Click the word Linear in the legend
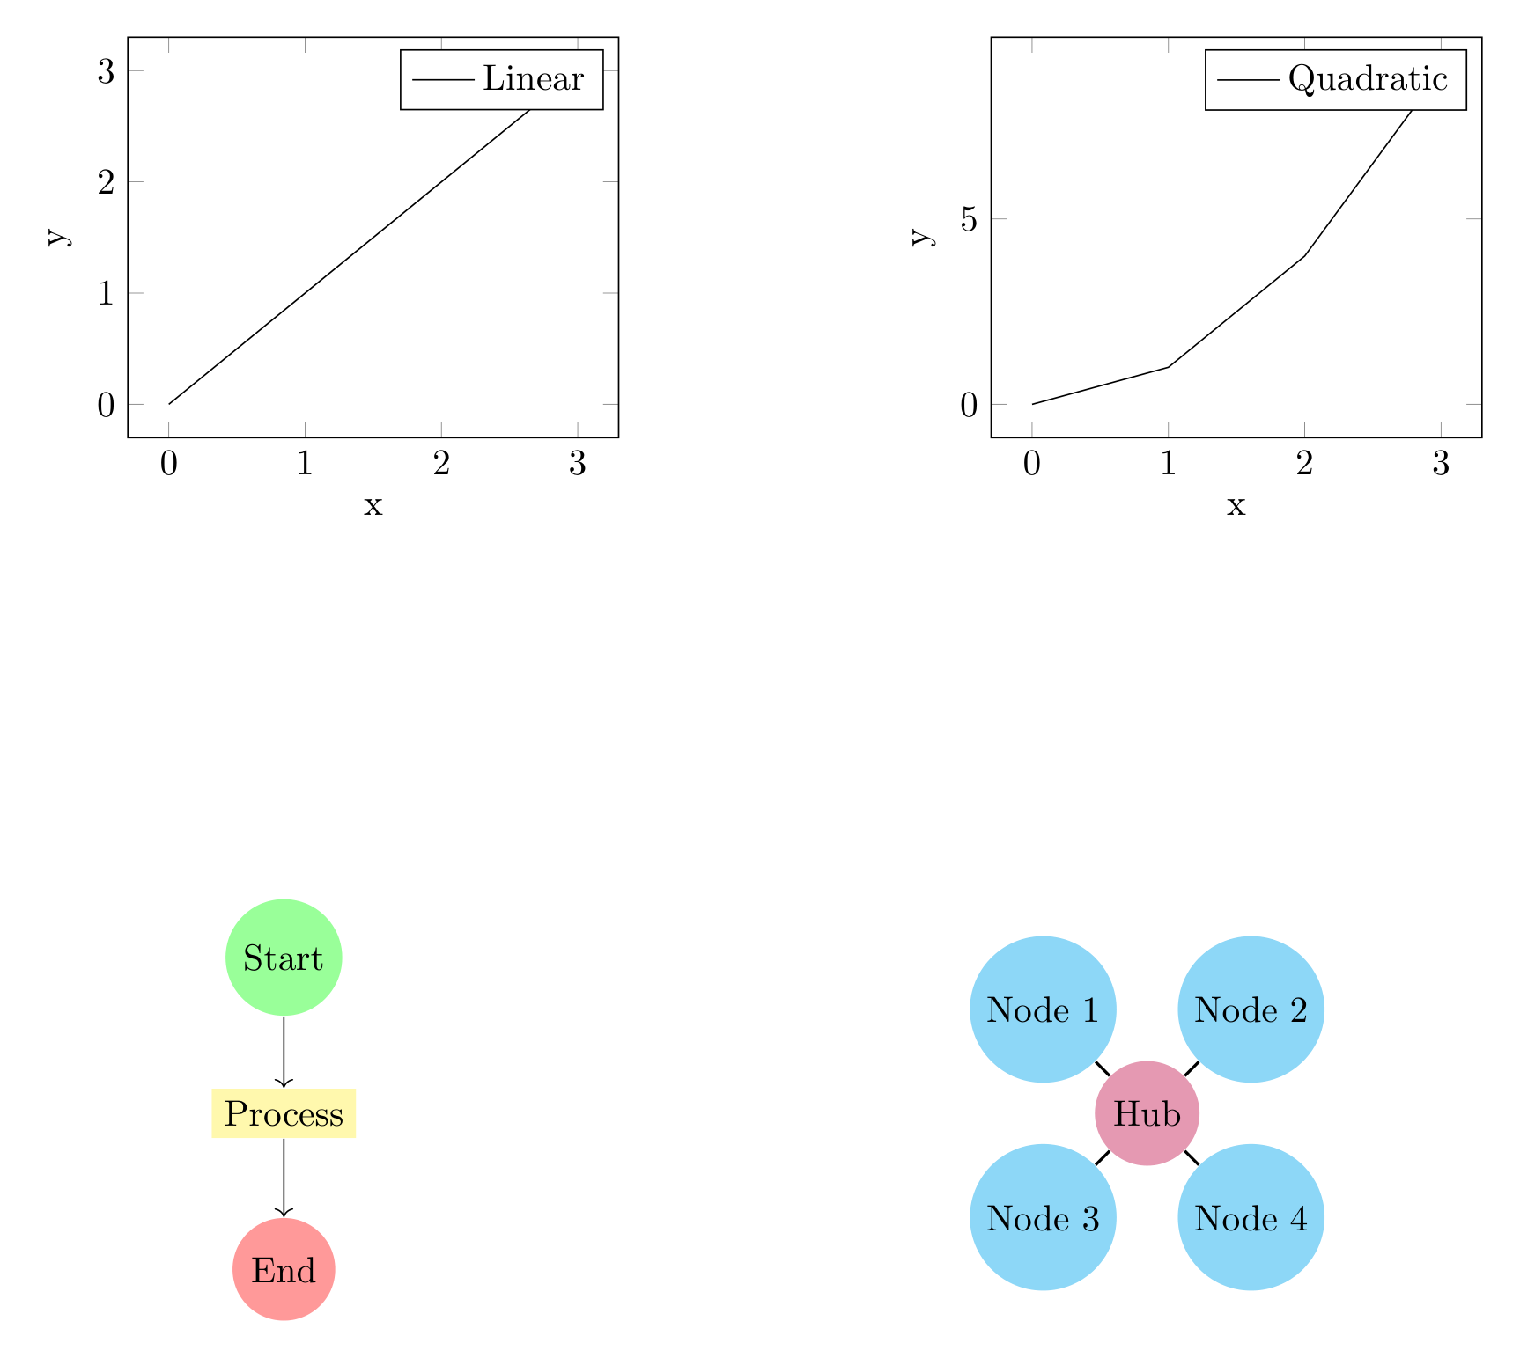point(533,79)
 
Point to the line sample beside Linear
point(443,80)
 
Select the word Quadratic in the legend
point(1367,79)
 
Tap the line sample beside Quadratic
point(1248,80)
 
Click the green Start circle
point(284,958)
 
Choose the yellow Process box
point(284,1114)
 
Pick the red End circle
point(284,1269)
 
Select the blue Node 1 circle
point(1043,1009)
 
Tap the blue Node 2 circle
point(1251,1009)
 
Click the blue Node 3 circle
point(1043,1217)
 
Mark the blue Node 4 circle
point(1251,1217)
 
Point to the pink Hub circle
point(1147,1113)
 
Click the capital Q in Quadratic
point(1300,79)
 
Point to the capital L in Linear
point(491,79)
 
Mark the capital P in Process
point(234,1114)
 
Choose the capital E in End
point(261,1270)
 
